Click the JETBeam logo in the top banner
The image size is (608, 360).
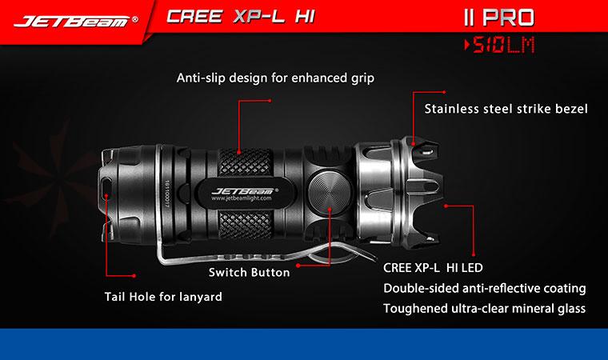(72, 22)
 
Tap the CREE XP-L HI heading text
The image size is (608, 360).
(241, 17)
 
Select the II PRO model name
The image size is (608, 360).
(499, 18)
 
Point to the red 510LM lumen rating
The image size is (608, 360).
(503, 45)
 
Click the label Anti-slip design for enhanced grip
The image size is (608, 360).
(275, 78)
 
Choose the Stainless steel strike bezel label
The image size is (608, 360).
(506, 109)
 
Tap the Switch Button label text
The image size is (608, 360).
(249, 272)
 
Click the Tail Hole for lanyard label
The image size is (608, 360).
(163, 297)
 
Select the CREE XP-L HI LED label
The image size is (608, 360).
(433, 268)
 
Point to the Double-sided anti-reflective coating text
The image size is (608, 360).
(484, 288)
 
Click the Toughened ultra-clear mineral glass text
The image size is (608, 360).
(484, 309)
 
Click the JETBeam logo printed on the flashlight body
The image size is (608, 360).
(245, 191)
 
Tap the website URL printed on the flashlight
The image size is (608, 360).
(241, 198)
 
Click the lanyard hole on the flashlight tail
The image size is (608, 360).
(106, 186)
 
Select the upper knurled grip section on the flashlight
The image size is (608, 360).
(245, 162)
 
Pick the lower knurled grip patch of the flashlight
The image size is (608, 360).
(245, 226)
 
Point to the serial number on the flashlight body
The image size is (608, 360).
(167, 194)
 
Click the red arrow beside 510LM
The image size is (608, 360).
(467, 45)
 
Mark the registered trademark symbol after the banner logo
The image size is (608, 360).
(134, 19)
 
